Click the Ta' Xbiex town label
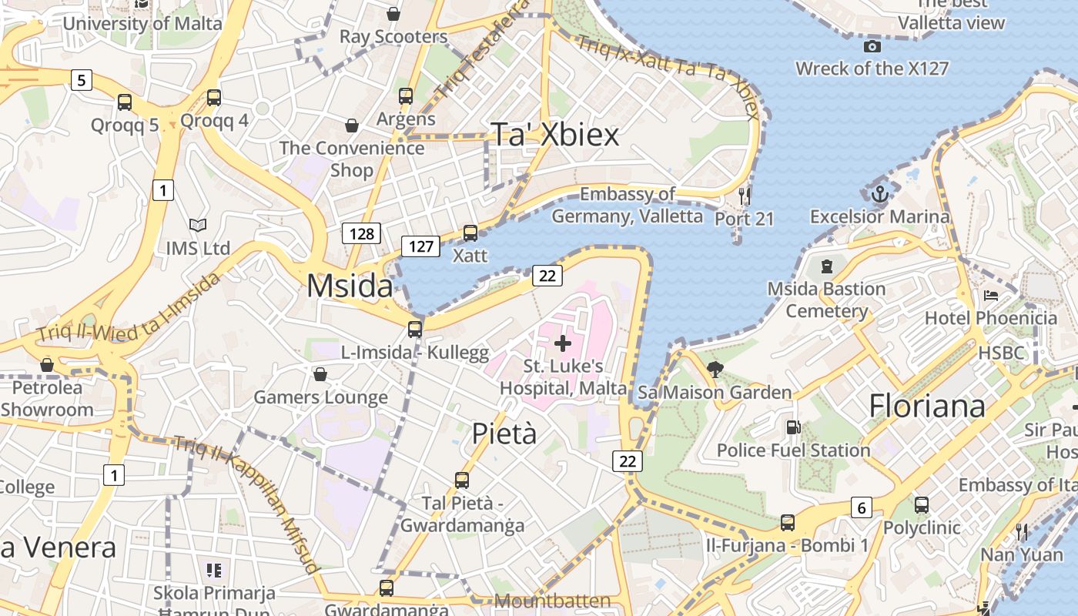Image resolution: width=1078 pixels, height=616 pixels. tap(554, 135)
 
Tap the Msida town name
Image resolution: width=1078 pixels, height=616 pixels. tap(350, 286)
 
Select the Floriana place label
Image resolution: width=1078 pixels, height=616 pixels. tap(927, 406)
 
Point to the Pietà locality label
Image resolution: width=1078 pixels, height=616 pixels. tap(504, 434)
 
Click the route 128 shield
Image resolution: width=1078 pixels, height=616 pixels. tap(361, 233)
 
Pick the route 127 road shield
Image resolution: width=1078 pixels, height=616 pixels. tap(420, 246)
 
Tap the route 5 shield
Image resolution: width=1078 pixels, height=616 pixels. tap(82, 79)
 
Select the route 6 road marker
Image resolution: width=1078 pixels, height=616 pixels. tap(861, 507)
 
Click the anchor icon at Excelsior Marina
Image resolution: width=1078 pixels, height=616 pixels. tap(879, 193)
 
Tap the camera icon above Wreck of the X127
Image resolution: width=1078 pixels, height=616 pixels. tap(872, 47)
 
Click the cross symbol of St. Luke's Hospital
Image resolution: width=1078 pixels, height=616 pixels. tap(563, 343)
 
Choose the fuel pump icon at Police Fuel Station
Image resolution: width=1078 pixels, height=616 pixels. tap(792, 427)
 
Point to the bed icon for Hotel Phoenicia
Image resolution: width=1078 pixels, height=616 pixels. tap(992, 296)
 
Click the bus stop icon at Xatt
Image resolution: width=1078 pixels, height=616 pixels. tap(470, 233)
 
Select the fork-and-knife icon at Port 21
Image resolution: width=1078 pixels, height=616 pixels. tap(744, 196)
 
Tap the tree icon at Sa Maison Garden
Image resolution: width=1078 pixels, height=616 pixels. tap(715, 370)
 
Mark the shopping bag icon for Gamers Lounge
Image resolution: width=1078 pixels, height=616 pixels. tap(320, 374)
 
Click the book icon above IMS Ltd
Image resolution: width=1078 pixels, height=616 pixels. tap(198, 225)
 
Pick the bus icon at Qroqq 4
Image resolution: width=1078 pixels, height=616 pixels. tap(214, 98)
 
